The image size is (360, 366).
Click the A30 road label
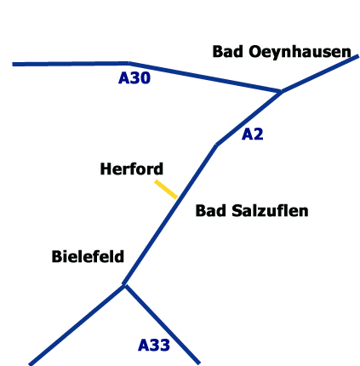tap(134, 78)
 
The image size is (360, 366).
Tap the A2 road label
tap(253, 134)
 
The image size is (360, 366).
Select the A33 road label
tap(154, 346)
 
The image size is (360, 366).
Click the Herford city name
tap(132, 169)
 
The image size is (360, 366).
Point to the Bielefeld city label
tap(88, 256)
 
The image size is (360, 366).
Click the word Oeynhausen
tap(300, 52)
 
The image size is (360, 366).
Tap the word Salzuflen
tap(270, 211)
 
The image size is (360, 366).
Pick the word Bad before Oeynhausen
tap(228, 51)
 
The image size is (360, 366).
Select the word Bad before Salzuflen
tap(211, 211)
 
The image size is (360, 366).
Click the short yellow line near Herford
tap(166, 189)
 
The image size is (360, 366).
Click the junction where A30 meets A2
tap(281, 91)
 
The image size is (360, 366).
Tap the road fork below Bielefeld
tap(124, 284)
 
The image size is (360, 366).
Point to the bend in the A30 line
tap(129, 63)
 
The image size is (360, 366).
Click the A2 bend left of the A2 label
tap(216, 145)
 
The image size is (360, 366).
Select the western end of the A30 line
tap(13, 65)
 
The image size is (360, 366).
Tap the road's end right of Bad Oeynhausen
tap(358, 56)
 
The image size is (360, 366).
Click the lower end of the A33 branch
tap(199, 363)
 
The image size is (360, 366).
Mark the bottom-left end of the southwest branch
tap(30, 364)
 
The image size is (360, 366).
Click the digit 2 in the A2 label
tap(258, 134)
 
